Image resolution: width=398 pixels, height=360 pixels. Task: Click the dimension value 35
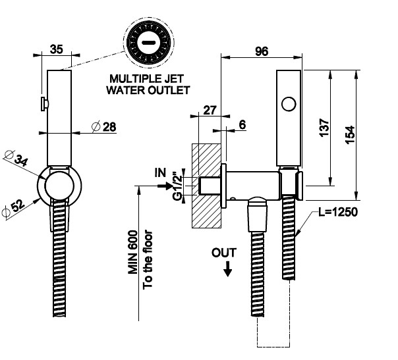[57, 49]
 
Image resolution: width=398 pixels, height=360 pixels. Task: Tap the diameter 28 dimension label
[104, 126]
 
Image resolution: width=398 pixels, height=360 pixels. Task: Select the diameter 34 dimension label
[16, 159]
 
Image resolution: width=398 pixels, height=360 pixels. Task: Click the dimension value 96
[261, 53]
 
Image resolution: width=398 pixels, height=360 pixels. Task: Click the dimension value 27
[210, 110]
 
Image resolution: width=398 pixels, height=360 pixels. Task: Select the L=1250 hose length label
[338, 213]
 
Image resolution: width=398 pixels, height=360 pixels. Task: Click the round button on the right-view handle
[287, 103]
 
